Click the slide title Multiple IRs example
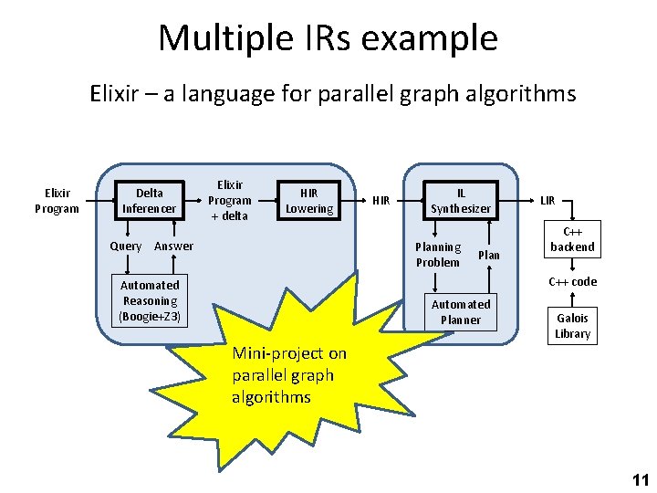click(328, 38)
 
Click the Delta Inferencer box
click(150, 200)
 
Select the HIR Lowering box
click(309, 200)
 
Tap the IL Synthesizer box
click(461, 200)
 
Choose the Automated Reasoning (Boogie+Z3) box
click(151, 300)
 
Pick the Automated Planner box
click(461, 311)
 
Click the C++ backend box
click(572, 239)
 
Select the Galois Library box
click(572, 325)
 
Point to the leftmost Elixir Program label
click(57, 200)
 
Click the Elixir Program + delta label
click(229, 200)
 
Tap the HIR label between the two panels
click(381, 200)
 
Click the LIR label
click(547, 200)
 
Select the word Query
click(125, 246)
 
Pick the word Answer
click(173, 246)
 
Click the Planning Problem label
click(438, 254)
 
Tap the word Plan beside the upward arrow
click(489, 255)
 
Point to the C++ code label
click(572, 281)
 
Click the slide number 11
click(640, 479)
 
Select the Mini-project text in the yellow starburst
click(289, 374)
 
